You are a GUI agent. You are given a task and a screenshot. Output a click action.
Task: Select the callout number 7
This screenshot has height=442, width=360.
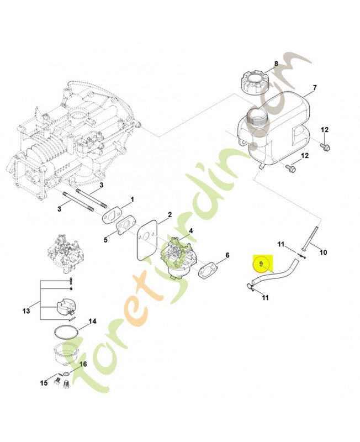point(314,88)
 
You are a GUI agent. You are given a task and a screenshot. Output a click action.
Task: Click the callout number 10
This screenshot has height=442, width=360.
point(323,252)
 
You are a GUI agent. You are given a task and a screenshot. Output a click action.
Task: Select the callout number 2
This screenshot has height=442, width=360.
point(170,214)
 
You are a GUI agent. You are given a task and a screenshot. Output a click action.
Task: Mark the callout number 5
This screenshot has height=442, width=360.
point(106,240)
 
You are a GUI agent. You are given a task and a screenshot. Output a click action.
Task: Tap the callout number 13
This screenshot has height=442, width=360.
point(26,312)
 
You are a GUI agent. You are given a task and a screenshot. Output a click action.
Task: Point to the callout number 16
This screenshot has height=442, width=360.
point(84,364)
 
